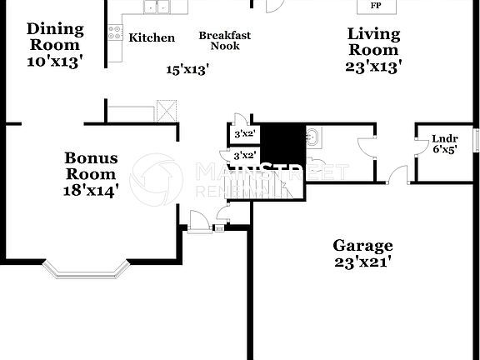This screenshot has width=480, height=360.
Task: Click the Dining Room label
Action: point(54,37)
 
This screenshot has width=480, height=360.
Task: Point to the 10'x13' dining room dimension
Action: point(54,61)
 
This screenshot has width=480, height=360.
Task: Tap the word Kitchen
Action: point(152,37)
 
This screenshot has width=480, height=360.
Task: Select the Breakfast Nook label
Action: point(225,40)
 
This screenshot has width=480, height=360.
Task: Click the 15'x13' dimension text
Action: point(187,70)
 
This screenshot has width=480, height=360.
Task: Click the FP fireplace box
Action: point(376,6)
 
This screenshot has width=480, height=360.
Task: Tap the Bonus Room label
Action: point(91,166)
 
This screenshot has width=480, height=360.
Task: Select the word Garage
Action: point(362,246)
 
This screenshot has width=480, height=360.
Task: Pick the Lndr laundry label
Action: point(443,139)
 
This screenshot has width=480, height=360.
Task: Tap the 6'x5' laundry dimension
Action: point(443,151)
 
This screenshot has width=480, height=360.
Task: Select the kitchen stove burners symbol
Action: point(115,32)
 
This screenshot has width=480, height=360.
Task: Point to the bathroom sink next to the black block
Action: point(313,137)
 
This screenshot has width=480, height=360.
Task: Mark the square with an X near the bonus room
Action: point(168,112)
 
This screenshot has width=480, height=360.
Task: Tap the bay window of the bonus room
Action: point(87,268)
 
